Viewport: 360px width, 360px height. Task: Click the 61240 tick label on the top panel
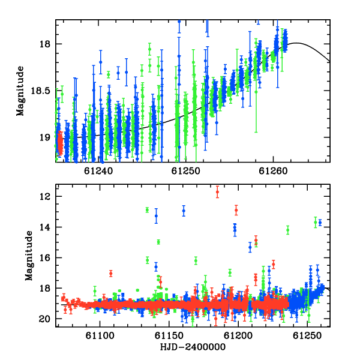pos(98,171)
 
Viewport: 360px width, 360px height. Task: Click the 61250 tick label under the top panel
pos(186,171)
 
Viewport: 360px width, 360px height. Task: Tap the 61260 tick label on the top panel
pos(273,171)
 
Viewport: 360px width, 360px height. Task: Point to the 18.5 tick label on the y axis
pos(41,91)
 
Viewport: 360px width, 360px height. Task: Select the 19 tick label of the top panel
pos(45,137)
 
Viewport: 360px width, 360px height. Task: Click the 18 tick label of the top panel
pos(45,44)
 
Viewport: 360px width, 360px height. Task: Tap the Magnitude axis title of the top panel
pos(20,91)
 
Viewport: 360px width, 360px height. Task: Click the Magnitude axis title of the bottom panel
pos(29,256)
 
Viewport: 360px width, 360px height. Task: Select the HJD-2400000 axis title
pos(193,347)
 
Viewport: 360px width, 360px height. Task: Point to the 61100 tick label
pos(100,335)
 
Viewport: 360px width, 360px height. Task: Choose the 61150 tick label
pos(169,335)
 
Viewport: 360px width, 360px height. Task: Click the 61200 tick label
pos(238,335)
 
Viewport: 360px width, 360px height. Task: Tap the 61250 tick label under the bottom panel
pos(307,335)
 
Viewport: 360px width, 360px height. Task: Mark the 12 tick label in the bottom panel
pos(45,197)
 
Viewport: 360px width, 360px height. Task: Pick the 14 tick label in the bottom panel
pos(45,227)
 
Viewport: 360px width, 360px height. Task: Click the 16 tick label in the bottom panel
pos(45,257)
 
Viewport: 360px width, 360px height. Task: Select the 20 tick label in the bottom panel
pos(45,319)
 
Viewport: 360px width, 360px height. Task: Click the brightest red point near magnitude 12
pos(217,192)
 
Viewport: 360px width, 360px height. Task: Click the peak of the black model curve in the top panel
pos(296,43)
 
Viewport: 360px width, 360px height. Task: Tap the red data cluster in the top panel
pos(60,143)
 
